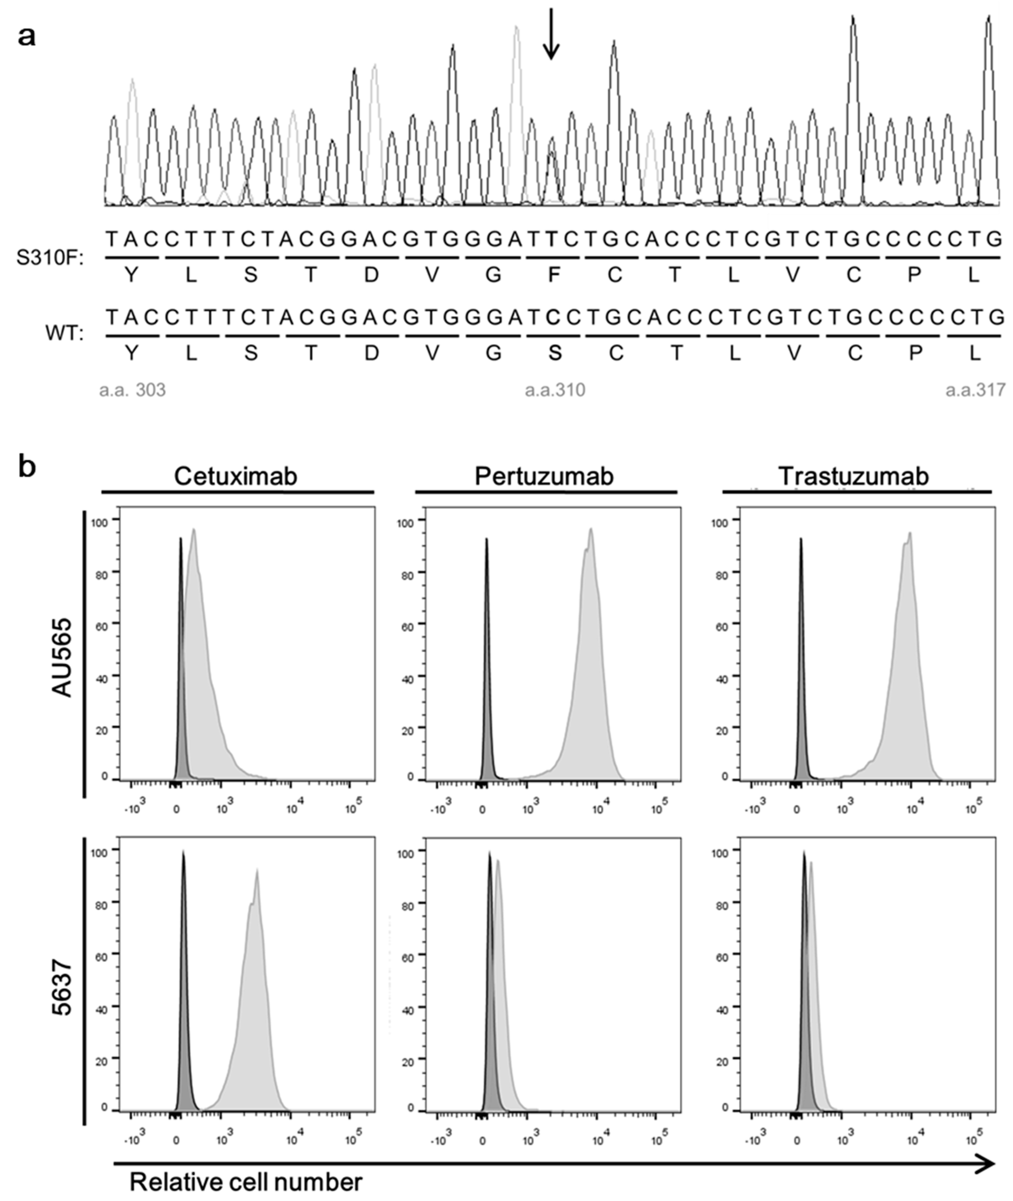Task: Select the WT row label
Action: pos(64,333)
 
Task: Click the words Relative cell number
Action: pos(246,1182)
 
